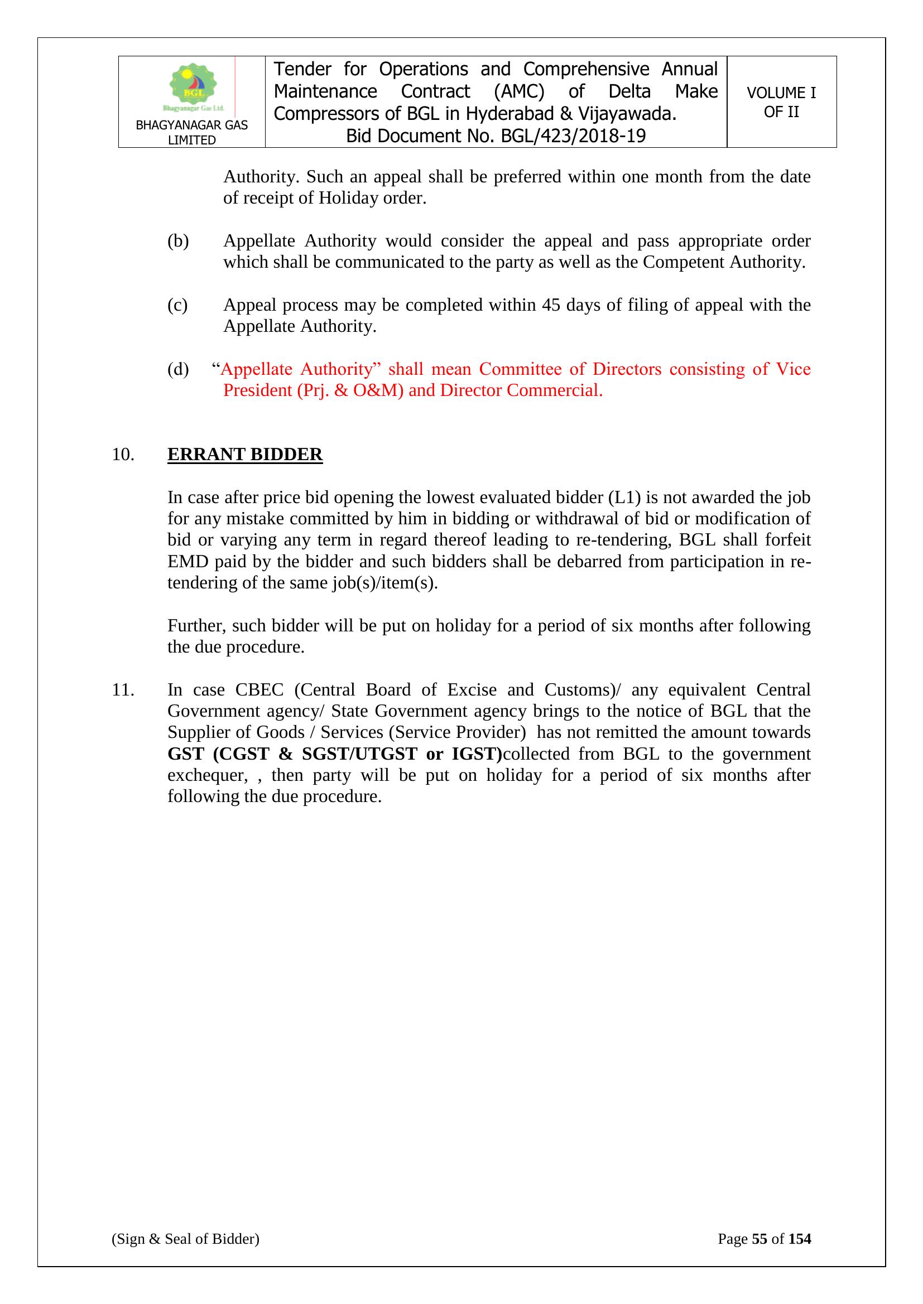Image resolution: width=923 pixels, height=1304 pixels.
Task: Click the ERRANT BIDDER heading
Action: pos(245,455)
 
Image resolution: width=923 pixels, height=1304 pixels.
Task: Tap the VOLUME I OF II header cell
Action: pos(781,102)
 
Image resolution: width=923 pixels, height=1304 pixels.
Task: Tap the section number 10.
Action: pos(123,455)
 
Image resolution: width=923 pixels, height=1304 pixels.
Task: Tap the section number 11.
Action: pos(123,689)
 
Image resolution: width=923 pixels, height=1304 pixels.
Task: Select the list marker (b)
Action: pos(177,241)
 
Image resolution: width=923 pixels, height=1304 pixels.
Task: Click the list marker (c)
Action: pos(177,305)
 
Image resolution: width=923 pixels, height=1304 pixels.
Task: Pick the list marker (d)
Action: pos(177,369)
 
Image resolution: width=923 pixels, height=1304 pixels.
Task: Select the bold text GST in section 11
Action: pos(185,754)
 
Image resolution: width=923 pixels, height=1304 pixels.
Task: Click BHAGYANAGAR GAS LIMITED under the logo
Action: pos(191,132)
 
